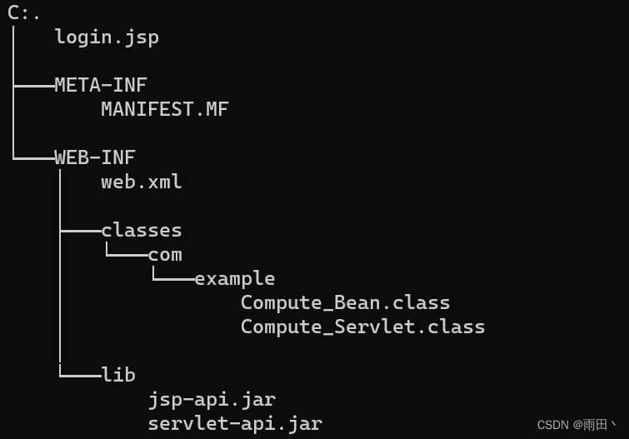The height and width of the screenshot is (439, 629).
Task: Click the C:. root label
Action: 24,12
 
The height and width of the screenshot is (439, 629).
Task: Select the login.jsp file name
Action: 107,37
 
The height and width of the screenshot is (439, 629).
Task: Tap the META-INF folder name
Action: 101,85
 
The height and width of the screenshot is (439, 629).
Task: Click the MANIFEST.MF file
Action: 165,109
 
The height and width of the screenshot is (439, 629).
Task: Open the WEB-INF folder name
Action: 95,157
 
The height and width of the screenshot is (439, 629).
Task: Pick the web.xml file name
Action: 142,182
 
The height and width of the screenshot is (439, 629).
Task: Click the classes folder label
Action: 142,230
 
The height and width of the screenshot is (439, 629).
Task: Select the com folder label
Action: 165,254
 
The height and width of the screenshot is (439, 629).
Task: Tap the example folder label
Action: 235,278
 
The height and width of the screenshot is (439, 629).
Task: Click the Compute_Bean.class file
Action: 346,302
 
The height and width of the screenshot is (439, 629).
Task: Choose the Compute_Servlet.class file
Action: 363,327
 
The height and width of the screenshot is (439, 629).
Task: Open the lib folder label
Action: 118,375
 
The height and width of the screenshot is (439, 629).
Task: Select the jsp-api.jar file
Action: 212,399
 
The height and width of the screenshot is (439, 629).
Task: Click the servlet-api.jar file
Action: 235,423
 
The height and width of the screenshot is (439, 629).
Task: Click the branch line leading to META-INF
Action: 33,85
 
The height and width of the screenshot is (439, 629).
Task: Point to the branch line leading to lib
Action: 80,375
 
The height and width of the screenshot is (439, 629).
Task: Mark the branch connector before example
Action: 173,278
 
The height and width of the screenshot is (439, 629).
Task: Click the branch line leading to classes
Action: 80,230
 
